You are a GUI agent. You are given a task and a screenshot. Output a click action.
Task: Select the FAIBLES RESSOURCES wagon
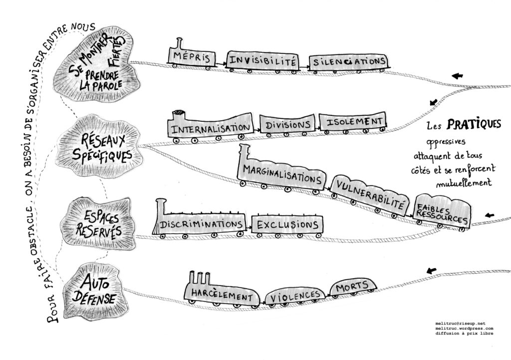(443, 210)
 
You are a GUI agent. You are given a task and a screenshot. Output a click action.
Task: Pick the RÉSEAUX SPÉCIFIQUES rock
(102, 145)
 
